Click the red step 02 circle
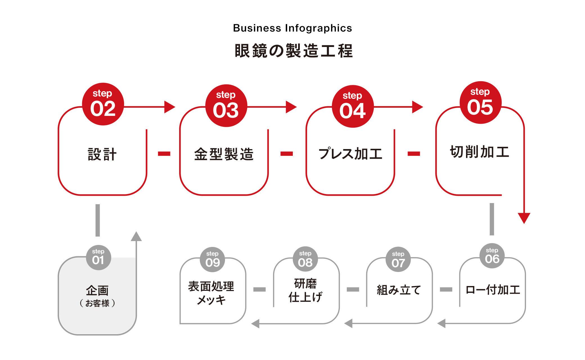(103, 104)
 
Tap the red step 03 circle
(226, 106)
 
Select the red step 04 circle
(353, 106)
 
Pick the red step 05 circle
(480, 103)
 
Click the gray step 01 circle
(98, 257)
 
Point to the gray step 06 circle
(492, 256)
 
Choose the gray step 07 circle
(398, 260)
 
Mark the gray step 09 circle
(212, 260)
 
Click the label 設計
(102, 154)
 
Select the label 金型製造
(224, 154)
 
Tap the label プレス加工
(350, 154)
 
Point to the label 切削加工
(480, 152)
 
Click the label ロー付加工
(493, 290)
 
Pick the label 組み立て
(399, 290)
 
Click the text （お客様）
(97, 303)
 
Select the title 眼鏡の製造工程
(293, 51)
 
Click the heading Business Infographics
(292, 28)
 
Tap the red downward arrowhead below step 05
(524, 218)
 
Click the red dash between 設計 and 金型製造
(164, 154)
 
